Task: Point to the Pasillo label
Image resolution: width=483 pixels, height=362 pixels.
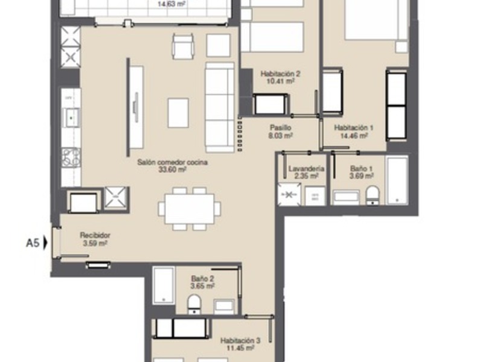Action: pyautogui.click(x=281, y=128)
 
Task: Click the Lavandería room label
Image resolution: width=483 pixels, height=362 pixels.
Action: pyautogui.click(x=307, y=170)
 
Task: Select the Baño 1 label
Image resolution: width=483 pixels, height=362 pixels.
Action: pyautogui.click(x=362, y=170)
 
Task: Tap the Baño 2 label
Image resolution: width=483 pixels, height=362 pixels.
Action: pyautogui.click(x=202, y=278)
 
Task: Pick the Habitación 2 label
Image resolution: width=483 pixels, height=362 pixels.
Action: pyautogui.click(x=280, y=74)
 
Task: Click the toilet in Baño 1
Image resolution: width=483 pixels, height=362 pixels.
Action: pyautogui.click(x=373, y=195)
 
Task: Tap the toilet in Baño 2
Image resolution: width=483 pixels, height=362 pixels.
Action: pyautogui.click(x=194, y=303)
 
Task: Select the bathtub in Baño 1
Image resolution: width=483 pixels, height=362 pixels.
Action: pyautogui.click(x=397, y=180)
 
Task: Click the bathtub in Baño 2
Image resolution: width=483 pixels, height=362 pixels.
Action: pyautogui.click(x=164, y=285)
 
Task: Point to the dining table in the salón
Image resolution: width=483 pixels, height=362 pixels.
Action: pyautogui.click(x=190, y=209)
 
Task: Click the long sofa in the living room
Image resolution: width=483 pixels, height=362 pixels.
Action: pyautogui.click(x=219, y=106)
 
